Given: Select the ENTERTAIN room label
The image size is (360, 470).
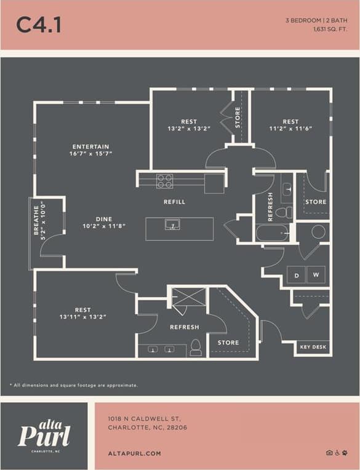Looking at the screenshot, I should [90, 146].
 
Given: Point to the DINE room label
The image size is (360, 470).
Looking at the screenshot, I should [103, 218].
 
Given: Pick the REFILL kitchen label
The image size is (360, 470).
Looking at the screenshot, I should [174, 202].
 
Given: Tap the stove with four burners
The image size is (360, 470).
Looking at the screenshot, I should [164, 181].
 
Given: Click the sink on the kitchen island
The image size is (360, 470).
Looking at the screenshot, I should [172, 225].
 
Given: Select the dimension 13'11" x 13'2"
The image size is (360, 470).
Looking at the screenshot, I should [82, 317].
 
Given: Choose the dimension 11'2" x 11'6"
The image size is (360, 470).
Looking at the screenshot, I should [290, 129].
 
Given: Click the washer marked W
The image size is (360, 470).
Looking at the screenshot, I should [316, 275].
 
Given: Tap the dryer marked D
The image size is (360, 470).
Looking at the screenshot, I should [296, 275].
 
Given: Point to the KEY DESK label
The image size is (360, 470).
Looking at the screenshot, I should [313, 348].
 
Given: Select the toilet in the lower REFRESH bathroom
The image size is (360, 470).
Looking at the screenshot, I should [196, 348].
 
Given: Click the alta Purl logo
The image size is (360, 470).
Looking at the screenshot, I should [44, 435].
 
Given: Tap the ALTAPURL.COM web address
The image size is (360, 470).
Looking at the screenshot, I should [134, 453].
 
